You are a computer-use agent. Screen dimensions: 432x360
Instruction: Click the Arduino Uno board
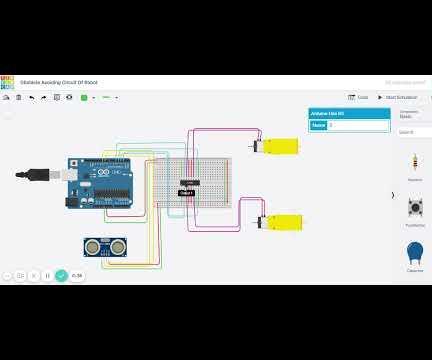pyautogui.click(x=100, y=183)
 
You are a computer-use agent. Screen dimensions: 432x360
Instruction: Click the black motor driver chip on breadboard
pyautogui.click(x=189, y=182)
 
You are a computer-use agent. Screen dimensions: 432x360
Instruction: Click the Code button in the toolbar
pyautogui.click(x=358, y=97)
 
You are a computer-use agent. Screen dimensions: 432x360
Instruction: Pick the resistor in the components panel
pyautogui.click(x=414, y=163)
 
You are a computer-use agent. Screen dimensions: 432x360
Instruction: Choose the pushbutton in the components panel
pyautogui.click(x=414, y=208)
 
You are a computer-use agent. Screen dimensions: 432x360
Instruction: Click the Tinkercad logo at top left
pyautogui.click(x=8, y=83)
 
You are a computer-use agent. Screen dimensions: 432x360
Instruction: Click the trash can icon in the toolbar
pyautogui.click(x=19, y=97)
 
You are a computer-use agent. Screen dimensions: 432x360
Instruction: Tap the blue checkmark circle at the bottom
pyautogui.click(x=61, y=275)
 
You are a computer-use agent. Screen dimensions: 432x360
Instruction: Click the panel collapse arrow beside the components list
pyautogui.click(x=392, y=195)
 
